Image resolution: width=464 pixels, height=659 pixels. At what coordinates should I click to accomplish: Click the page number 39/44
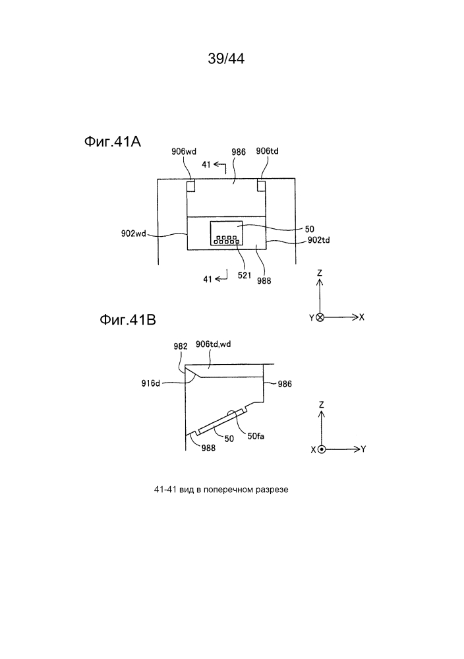pyautogui.click(x=226, y=59)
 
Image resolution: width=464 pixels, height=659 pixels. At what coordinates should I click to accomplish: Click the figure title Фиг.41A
pyautogui.click(x=113, y=142)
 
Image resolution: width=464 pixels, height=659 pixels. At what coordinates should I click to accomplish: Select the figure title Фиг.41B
pyautogui.click(x=128, y=320)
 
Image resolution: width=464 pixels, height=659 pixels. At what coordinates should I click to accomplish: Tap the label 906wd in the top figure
pyautogui.click(x=184, y=151)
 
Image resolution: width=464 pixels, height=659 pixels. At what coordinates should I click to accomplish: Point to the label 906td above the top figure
pyautogui.click(x=268, y=151)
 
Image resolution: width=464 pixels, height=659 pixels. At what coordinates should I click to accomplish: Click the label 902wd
pyautogui.click(x=134, y=234)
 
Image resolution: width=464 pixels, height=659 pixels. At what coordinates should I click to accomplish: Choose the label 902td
pyautogui.click(x=319, y=240)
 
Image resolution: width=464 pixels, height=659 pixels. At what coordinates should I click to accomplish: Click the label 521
pyautogui.click(x=245, y=275)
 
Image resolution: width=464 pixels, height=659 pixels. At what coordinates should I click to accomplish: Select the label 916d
pyautogui.click(x=151, y=383)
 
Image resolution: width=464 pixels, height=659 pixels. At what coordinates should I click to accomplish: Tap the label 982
pyautogui.click(x=181, y=346)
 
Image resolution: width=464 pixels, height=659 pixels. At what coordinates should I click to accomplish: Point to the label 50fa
pyautogui.click(x=256, y=436)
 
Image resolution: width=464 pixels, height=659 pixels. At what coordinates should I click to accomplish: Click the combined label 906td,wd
pyautogui.click(x=214, y=344)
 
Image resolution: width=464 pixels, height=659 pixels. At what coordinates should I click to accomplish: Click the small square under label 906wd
pyautogui.click(x=191, y=186)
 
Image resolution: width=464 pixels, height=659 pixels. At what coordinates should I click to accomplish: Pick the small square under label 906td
pyautogui.click(x=262, y=186)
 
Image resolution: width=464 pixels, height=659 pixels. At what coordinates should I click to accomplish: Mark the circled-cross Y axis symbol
pyautogui.click(x=320, y=317)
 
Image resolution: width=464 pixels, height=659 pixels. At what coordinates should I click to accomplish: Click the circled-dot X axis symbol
pyautogui.click(x=322, y=449)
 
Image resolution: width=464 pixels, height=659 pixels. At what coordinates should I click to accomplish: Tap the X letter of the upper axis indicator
pyautogui.click(x=362, y=317)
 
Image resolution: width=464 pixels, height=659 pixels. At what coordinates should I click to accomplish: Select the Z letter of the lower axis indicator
pyautogui.click(x=322, y=405)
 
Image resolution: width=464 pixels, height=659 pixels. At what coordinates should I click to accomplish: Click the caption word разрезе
pyautogui.click(x=274, y=489)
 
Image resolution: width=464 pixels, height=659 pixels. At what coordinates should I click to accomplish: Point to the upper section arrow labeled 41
pyautogui.click(x=220, y=166)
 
